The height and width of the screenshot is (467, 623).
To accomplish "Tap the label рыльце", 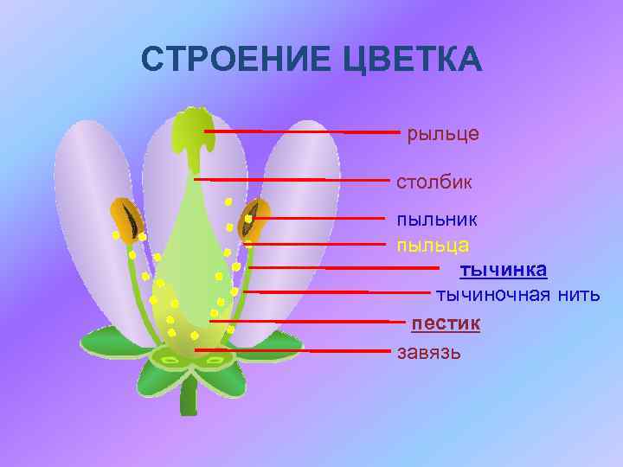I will [x=442, y=134].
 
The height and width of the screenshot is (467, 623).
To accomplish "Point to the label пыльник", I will [x=436, y=220].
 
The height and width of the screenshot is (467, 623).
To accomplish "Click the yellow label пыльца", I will [x=433, y=245].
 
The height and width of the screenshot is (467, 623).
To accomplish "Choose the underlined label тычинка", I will [x=503, y=270].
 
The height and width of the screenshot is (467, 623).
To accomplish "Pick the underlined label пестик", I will [x=446, y=323].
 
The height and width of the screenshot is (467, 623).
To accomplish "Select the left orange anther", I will [x=127, y=220].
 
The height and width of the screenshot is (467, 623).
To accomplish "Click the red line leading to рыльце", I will [x=303, y=131].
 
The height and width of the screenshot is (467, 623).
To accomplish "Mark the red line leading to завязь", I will [x=294, y=350].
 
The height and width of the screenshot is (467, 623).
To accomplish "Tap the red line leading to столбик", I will [x=294, y=180].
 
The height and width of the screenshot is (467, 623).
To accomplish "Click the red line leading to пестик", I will [x=303, y=322].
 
